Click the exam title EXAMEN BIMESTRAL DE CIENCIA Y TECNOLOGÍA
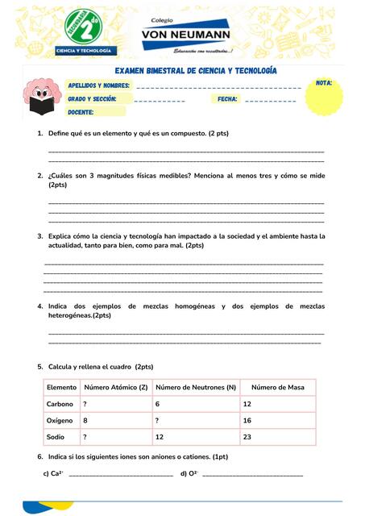(195, 72)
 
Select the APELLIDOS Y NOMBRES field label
(98, 85)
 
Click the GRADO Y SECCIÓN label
(92, 99)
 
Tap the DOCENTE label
(83, 113)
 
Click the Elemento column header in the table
(62, 388)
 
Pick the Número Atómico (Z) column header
(115, 388)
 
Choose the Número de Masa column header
(278, 388)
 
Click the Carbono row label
(60, 404)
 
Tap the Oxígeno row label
(60, 421)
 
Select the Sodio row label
(56, 437)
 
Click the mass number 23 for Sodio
(247, 437)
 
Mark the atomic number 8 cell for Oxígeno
(85, 421)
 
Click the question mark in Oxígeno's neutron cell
(157, 421)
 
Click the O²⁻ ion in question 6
(193, 473)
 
